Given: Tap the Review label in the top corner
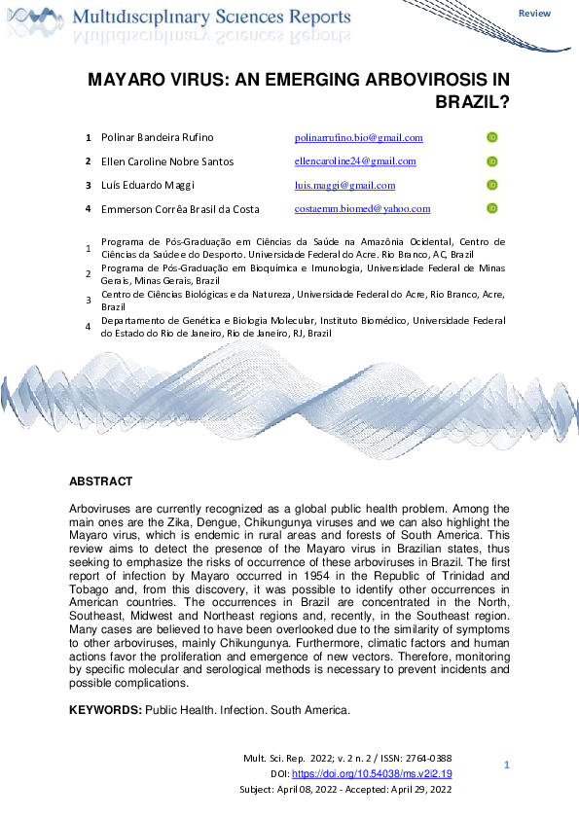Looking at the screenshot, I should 534,14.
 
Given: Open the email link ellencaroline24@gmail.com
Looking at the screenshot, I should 355,161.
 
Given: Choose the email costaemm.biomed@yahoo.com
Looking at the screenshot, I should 362,208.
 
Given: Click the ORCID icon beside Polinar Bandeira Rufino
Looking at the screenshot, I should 492,138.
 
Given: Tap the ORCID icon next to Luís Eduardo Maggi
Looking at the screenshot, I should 492,185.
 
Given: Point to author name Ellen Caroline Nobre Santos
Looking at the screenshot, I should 167,161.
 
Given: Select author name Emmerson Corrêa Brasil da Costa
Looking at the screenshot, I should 180,208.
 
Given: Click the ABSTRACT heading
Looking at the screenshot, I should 100,481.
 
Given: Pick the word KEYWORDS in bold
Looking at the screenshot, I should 104,710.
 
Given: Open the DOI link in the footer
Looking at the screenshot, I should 385,773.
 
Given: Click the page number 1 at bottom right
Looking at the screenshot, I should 507,766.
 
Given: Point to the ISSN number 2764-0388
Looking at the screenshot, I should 430,758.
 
